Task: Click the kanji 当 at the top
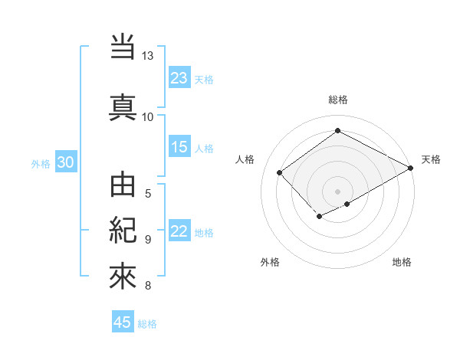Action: tap(123, 47)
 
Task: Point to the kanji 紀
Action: tap(123, 231)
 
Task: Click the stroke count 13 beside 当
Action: tap(148, 56)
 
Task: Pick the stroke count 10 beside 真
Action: tap(148, 116)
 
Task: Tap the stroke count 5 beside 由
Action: tap(148, 193)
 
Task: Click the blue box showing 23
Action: tap(179, 78)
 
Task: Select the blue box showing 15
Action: tap(179, 147)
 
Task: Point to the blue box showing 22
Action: tap(179, 232)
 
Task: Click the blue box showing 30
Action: tap(65, 162)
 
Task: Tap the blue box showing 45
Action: tap(123, 322)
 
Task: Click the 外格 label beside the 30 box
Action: tap(41, 163)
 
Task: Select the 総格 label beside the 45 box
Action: tap(147, 323)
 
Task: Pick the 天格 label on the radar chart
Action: tap(431, 159)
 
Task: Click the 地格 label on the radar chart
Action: tap(402, 262)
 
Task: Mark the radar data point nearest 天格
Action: tap(412, 168)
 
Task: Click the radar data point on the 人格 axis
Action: tap(280, 172)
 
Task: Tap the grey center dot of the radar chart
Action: tap(337, 190)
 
